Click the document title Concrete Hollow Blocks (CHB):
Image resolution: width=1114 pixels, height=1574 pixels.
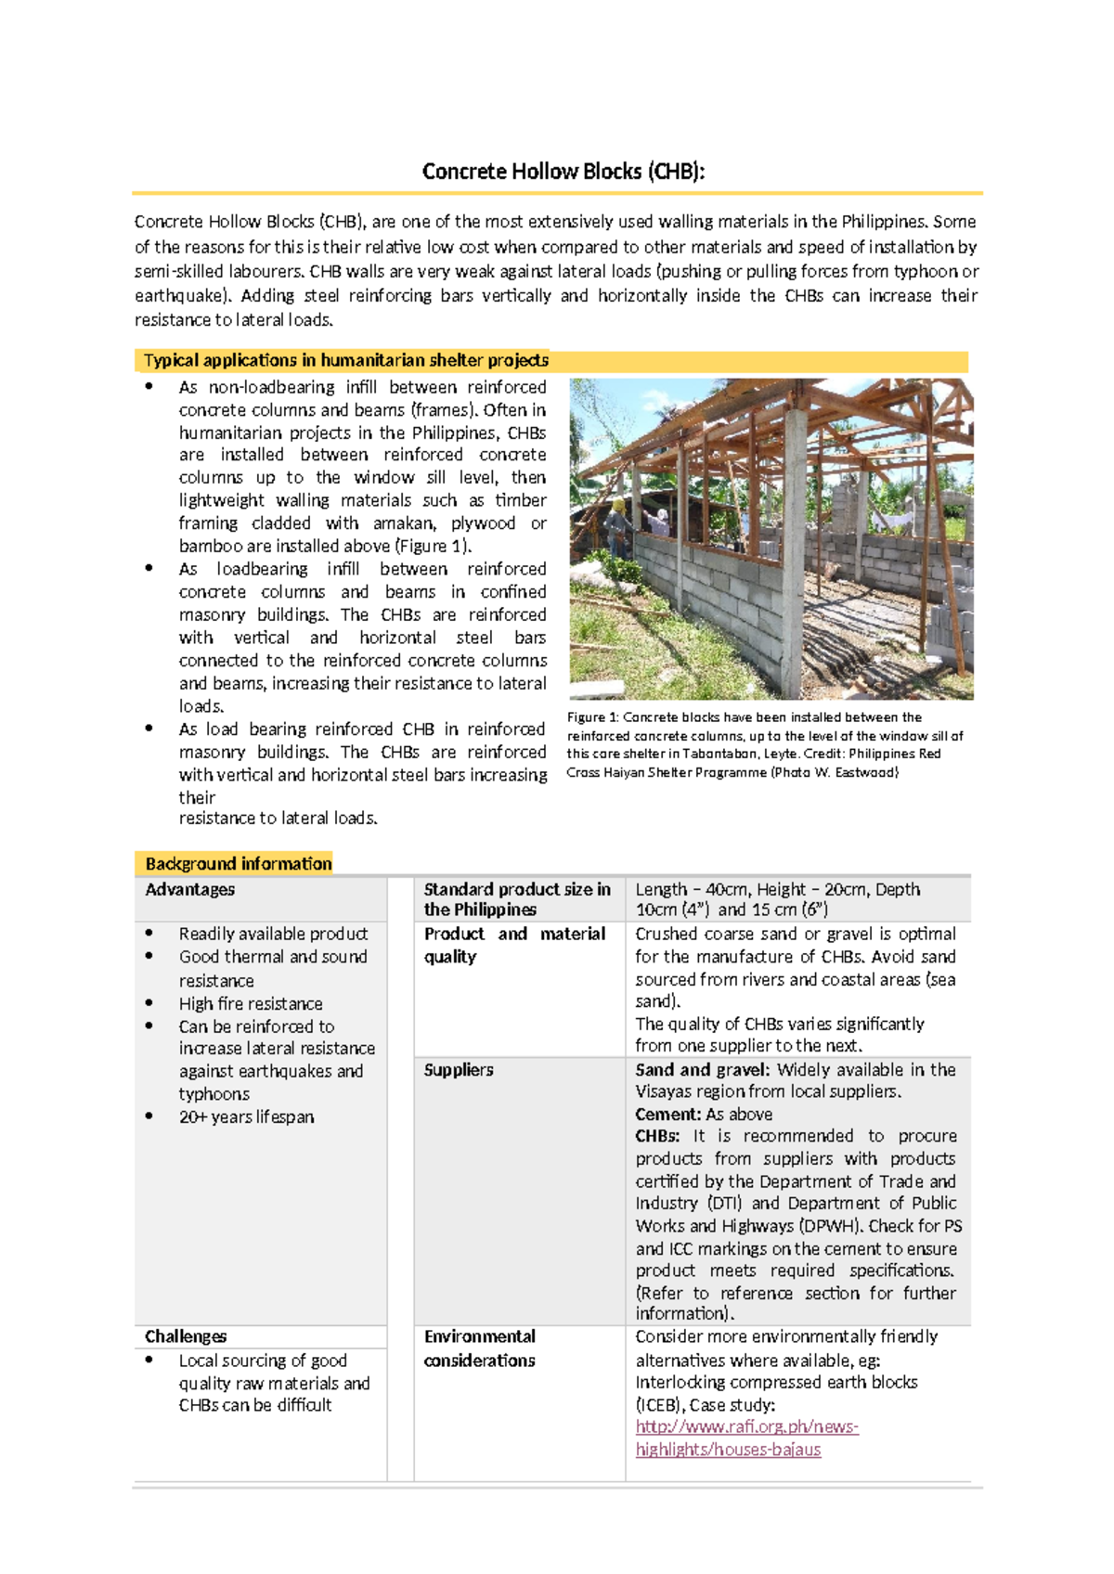pyautogui.click(x=563, y=172)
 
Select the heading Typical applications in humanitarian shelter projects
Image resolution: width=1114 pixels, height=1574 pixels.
pyautogui.click(x=345, y=360)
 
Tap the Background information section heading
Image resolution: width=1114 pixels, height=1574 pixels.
pyautogui.click(x=238, y=863)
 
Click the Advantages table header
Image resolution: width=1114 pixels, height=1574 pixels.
pyautogui.click(x=189, y=889)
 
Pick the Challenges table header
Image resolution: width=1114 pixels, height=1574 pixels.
pyautogui.click(x=186, y=1336)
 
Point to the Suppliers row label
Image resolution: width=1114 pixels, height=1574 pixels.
pyautogui.click(x=459, y=1070)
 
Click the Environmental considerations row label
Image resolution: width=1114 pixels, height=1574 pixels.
pyautogui.click(x=479, y=1348)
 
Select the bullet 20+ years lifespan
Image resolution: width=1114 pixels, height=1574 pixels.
pyautogui.click(x=246, y=1116)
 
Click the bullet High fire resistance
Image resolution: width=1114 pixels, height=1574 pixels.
pyautogui.click(x=251, y=1003)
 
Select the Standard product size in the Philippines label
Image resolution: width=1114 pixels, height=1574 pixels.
pyautogui.click(x=516, y=899)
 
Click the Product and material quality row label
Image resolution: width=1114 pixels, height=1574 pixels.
pyautogui.click(x=514, y=945)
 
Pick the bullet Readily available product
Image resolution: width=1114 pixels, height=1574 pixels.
pyautogui.click(x=273, y=934)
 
